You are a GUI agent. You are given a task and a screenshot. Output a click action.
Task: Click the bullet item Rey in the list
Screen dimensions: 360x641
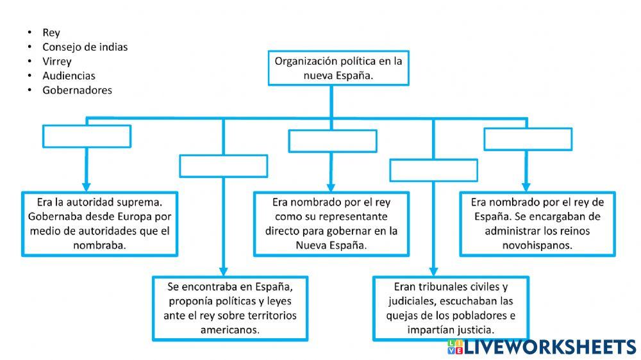51,33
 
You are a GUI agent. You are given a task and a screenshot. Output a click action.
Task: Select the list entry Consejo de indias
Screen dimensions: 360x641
85,47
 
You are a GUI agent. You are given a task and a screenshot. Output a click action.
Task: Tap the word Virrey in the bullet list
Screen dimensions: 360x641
57,61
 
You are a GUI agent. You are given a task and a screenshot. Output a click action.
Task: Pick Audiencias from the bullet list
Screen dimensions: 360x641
69,76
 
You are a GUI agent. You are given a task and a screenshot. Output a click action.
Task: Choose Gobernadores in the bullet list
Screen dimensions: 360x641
77,90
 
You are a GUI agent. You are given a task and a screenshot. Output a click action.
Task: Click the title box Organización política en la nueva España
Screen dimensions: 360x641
338,68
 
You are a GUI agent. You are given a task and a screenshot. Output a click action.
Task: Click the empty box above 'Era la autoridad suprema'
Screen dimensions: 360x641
87,136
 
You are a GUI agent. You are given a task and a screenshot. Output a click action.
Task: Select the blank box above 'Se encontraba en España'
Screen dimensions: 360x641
223,166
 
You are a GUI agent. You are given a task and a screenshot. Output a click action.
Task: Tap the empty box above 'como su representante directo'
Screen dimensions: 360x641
332,140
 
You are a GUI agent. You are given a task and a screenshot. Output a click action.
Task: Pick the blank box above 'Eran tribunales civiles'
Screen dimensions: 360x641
433,170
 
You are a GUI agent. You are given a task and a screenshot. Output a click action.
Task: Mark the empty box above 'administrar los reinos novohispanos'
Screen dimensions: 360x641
528,139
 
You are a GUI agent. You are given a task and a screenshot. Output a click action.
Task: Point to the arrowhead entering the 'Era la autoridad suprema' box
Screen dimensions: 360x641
86,185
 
